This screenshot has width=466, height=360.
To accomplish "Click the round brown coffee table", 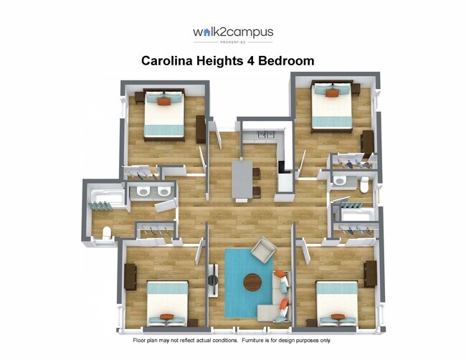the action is (x=252, y=282).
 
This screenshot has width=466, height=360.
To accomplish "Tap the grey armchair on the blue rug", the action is (x=263, y=250).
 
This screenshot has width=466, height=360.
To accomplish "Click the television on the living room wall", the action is (x=213, y=280).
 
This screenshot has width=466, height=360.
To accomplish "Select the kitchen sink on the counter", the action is (x=266, y=134).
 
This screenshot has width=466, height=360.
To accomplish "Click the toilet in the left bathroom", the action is (x=106, y=232).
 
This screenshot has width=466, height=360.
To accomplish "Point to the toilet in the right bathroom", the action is (x=364, y=184).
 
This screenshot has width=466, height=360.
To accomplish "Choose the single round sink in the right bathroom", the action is (x=339, y=180).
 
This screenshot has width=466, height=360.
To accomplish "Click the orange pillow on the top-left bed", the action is (x=164, y=101).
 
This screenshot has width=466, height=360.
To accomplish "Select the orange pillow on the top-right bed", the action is (x=332, y=93).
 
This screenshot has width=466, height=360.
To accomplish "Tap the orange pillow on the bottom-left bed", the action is (x=167, y=316).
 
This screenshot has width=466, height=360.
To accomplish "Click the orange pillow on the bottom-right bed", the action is (x=338, y=316).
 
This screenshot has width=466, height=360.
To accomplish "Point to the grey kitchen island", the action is (x=242, y=179).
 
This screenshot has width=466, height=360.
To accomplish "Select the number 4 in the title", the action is (x=250, y=61).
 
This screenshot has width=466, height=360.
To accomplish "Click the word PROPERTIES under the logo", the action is (x=233, y=42).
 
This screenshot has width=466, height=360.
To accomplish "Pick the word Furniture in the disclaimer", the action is (x=252, y=341).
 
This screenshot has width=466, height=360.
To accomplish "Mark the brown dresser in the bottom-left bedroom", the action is (x=130, y=277).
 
